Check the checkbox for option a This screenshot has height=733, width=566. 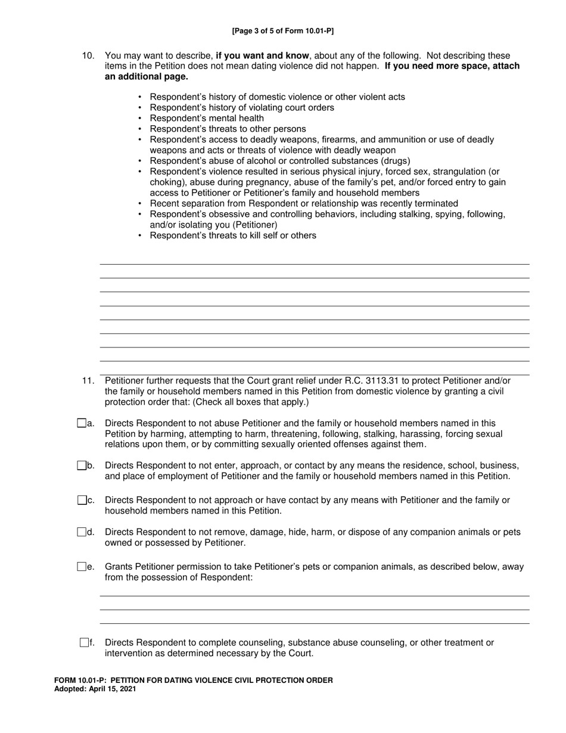click(x=82, y=423)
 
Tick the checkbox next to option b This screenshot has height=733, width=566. click(x=82, y=465)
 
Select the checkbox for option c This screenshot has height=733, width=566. click(x=82, y=500)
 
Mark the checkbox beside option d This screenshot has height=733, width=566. click(x=82, y=532)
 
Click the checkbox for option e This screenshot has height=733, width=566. click(x=82, y=567)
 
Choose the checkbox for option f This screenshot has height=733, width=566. click(x=84, y=642)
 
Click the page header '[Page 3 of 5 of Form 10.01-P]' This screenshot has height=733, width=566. click(x=283, y=31)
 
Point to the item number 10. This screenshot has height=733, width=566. click(x=88, y=55)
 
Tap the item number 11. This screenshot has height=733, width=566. click(x=88, y=381)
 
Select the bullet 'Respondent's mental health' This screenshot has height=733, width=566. click(x=207, y=118)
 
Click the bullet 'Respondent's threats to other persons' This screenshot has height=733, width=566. click(x=228, y=129)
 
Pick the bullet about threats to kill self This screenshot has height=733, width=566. click(x=233, y=235)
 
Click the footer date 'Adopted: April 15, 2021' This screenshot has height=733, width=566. click(x=95, y=688)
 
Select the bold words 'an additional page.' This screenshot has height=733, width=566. click(x=147, y=77)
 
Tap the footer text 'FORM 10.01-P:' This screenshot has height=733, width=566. click(x=79, y=680)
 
